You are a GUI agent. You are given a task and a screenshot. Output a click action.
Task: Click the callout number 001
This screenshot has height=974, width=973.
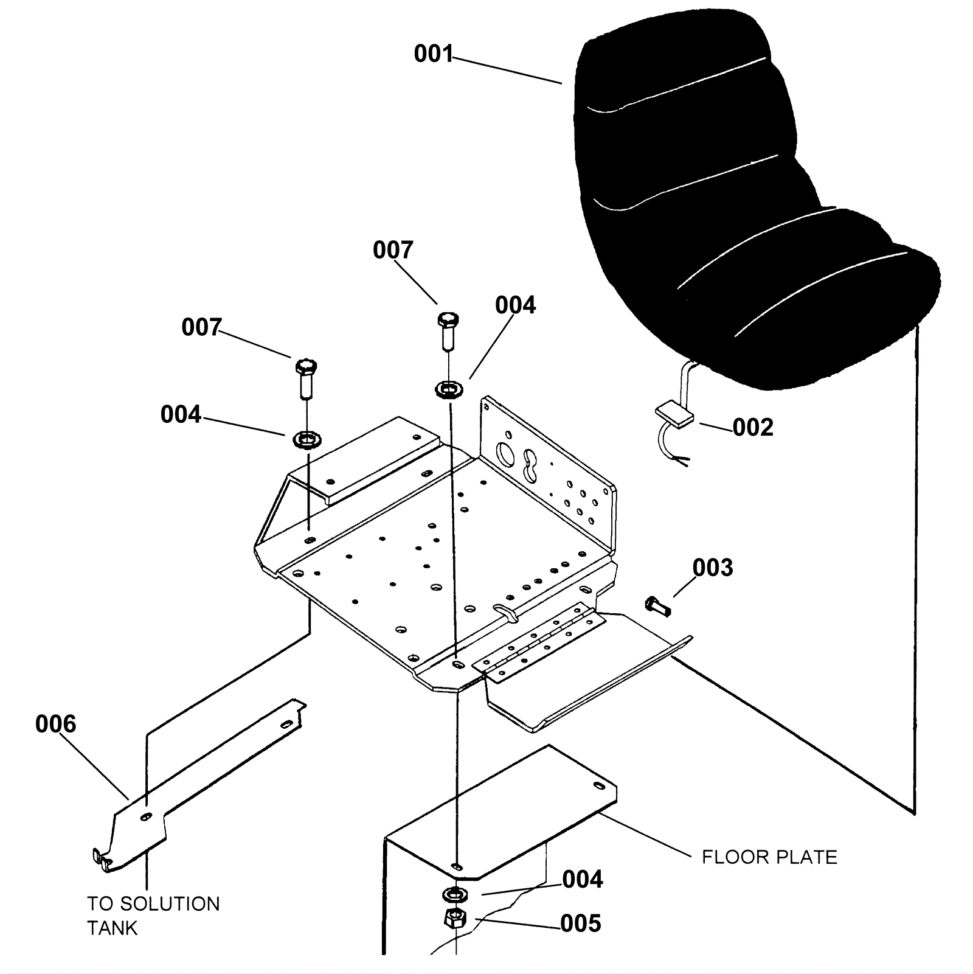point(433,54)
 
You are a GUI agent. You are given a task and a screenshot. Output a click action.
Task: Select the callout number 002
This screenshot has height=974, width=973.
point(753,428)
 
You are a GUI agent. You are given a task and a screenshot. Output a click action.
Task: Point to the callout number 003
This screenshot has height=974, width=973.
point(713,568)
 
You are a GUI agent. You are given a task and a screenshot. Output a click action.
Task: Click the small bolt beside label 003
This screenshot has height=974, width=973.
point(657,606)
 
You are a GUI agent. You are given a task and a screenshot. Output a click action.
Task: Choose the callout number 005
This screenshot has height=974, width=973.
point(581,924)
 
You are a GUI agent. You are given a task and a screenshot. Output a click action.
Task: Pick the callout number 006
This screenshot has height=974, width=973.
point(55,724)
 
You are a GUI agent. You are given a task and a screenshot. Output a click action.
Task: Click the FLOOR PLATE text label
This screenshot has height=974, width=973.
point(769,857)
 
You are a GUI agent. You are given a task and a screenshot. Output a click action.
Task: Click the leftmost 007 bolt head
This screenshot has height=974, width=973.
point(306,367)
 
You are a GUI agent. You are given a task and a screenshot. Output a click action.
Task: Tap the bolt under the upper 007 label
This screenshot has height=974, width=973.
point(448,321)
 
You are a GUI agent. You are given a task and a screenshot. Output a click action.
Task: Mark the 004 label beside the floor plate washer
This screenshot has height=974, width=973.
point(582,880)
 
